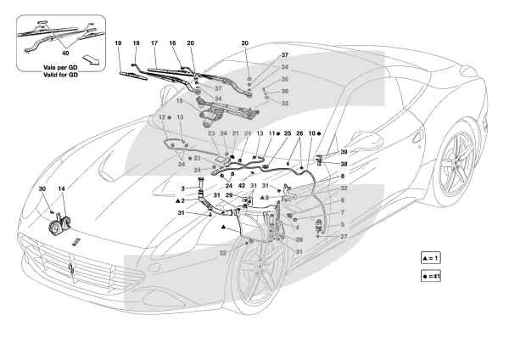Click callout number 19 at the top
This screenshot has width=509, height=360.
tap(118, 42)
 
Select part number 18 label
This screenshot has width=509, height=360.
tap(136, 42)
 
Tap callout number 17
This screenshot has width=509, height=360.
tap(154, 42)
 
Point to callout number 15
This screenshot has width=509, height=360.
tap(181, 100)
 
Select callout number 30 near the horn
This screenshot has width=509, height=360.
tap(42, 188)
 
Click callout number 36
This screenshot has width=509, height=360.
tap(285, 92)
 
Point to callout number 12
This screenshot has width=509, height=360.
tap(161, 115)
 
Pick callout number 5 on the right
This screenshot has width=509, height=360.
tap(319, 225)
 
